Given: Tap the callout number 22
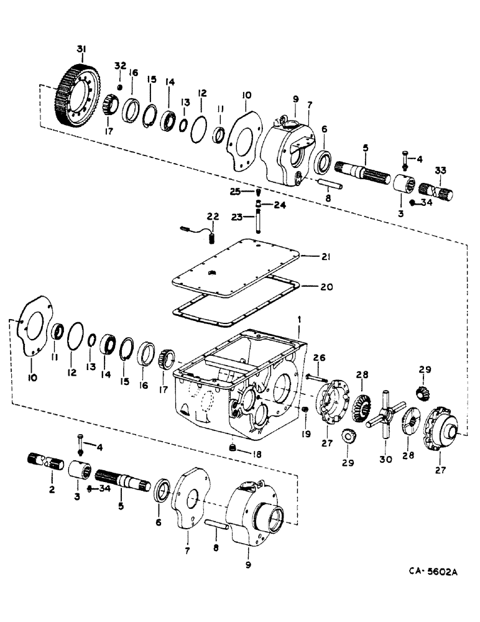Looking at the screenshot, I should coord(213,216).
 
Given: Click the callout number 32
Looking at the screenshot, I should coord(120,66).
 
